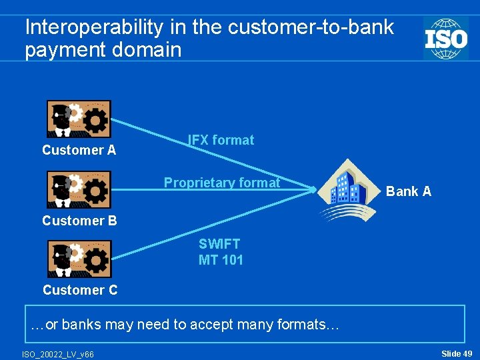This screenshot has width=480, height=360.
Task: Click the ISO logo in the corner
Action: (445, 38)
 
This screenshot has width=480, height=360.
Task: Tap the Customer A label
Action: (79, 150)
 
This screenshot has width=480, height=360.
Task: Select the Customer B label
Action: (79, 220)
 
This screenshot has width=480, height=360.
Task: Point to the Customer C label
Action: (80, 289)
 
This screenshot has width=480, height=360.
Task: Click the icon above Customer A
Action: (79, 119)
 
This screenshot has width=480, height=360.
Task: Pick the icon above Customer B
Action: (79, 189)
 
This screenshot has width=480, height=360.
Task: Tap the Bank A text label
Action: (409, 191)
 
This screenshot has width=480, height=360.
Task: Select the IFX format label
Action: (221, 140)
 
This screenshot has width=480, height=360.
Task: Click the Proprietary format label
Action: (222, 183)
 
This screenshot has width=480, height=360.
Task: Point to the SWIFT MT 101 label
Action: (221, 252)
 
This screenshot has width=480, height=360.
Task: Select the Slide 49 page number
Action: (457, 353)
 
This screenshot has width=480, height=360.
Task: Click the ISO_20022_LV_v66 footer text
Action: (58, 353)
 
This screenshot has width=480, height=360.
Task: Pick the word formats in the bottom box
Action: (309, 325)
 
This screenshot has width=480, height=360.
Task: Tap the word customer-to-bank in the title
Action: (311, 27)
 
